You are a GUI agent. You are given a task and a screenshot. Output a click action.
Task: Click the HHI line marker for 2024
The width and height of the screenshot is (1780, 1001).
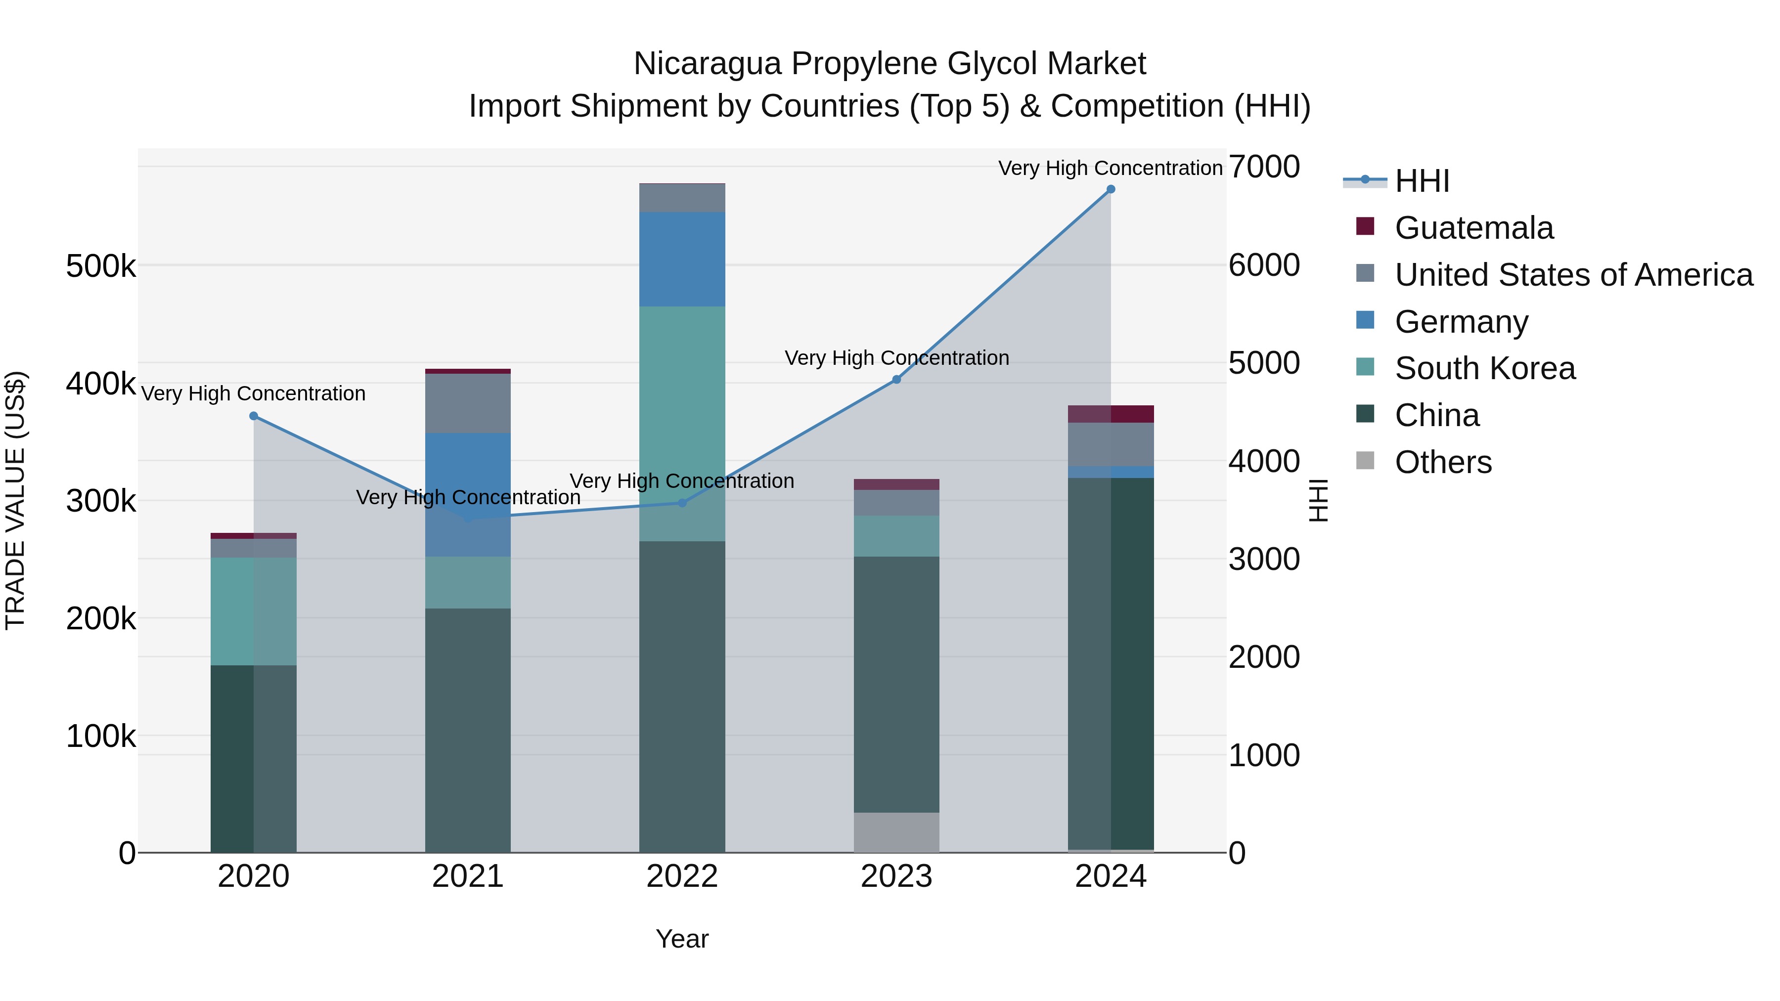(x=1111, y=189)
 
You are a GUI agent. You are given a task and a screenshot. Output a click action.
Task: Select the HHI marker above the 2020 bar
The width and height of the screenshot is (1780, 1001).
(x=254, y=416)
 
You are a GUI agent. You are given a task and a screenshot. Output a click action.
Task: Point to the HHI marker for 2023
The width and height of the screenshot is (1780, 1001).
(x=896, y=379)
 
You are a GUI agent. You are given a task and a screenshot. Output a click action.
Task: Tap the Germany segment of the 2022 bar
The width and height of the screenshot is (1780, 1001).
(x=682, y=259)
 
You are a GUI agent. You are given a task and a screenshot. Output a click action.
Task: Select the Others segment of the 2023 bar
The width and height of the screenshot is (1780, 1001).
(x=896, y=832)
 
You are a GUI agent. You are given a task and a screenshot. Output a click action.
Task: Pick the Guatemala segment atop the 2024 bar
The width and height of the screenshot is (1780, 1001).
(x=1111, y=414)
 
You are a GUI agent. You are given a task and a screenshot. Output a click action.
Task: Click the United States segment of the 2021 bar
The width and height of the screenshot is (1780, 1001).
(x=468, y=403)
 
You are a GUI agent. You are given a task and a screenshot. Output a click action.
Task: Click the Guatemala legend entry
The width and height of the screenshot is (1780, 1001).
(x=1473, y=228)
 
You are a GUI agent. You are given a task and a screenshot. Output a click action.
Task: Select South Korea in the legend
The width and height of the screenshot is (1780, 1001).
(x=1484, y=368)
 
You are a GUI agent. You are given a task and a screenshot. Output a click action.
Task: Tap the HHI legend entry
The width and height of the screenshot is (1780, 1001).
(x=1422, y=181)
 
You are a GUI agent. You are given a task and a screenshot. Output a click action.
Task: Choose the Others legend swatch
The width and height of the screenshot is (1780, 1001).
(x=1365, y=461)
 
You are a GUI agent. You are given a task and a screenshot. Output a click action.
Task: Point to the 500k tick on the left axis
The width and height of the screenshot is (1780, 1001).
(x=101, y=266)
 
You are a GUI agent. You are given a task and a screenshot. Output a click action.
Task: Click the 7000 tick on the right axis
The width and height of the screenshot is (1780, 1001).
(x=1264, y=167)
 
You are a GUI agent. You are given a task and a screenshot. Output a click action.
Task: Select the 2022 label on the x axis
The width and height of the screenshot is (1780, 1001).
(x=682, y=876)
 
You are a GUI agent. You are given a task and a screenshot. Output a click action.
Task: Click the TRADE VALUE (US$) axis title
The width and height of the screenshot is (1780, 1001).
(x=15, y=500)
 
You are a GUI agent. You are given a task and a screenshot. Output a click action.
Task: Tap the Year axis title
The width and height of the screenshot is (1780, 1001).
(x=682, y=939)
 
